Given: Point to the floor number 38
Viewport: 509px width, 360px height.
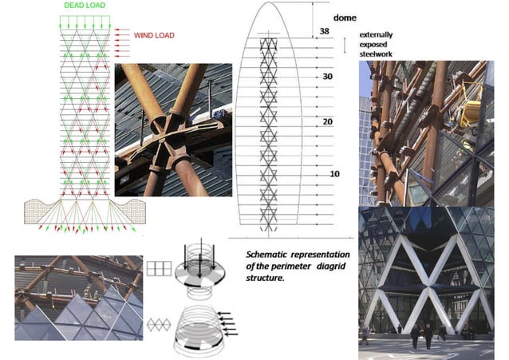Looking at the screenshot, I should click(x=324, y=31).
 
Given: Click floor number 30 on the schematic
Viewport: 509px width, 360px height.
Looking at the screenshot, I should click(x=326, y=77).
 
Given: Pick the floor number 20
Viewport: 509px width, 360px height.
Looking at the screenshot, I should click(x=326, y=121).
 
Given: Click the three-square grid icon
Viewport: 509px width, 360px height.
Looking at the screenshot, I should click(x=163, y=268).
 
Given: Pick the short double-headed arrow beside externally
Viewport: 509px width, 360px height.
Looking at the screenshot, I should click(x=345, y=45).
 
